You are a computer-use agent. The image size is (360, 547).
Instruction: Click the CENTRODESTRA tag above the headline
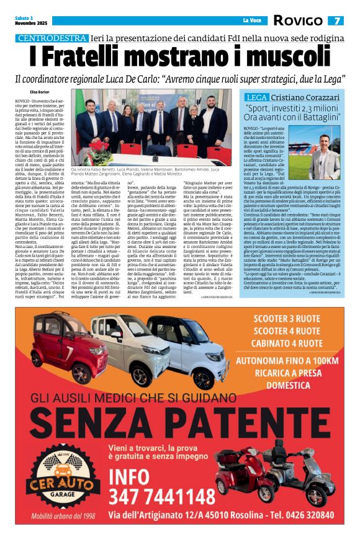tap(52, 38)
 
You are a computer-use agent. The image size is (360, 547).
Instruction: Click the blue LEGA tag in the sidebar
tap(255, 97)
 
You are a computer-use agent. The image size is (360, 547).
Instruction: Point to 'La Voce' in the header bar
tap(252, 20)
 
